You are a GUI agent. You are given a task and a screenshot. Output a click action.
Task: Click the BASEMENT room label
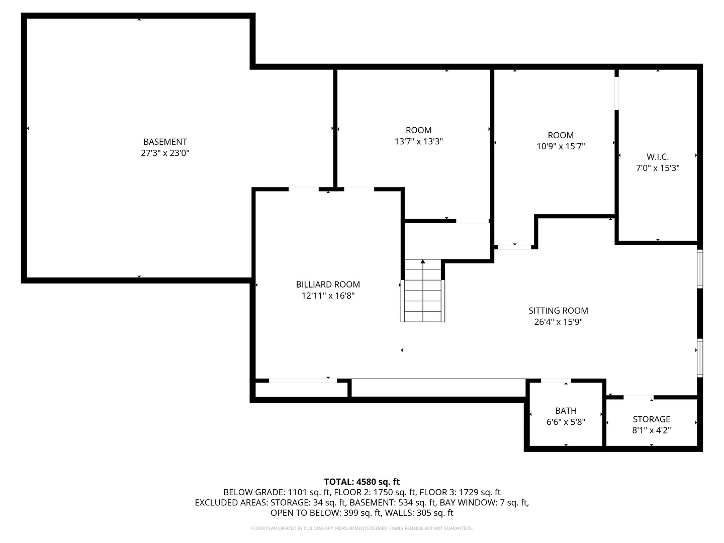point(165,142)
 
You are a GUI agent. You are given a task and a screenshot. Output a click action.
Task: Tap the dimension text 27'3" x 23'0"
point(165,153)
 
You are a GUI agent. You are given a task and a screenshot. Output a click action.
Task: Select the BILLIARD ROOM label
point(328,285)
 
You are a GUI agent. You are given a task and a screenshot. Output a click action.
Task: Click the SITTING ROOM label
point(558,311)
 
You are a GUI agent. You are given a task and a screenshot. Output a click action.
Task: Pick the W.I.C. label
point(658,157)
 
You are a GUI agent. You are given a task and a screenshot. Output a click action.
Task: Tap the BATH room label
point(566,411)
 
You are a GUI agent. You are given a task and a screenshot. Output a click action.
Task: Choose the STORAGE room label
point(651,419)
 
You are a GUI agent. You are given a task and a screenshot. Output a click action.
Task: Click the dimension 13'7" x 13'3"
point(418,142)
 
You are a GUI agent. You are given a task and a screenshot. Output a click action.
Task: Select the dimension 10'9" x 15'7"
point(561,146)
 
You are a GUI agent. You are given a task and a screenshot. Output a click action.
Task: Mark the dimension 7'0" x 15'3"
point(658,168)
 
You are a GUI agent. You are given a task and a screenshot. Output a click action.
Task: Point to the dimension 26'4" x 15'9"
point(558,322)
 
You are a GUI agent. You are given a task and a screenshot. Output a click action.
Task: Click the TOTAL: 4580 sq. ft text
point(361,482)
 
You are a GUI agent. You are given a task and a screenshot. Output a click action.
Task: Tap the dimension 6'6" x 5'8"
point(566,422)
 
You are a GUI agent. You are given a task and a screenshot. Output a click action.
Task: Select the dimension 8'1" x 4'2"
point(651,430)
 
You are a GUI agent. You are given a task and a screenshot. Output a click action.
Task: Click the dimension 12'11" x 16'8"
point(328,296)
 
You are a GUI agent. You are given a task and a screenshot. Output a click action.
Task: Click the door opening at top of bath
point(556,381)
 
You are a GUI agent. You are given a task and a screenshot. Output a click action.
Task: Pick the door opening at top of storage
point(639,397)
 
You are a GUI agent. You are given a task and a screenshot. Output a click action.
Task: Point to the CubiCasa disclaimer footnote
point(361,528)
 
